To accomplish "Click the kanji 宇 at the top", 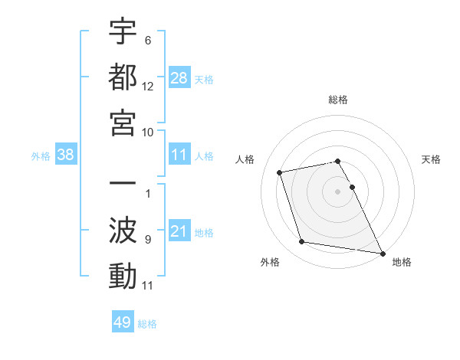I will click(123, 33).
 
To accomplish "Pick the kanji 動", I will click(123, 276).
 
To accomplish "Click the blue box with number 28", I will click(179, 78).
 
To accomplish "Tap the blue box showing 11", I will click(179, 155).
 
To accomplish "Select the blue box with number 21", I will click(179, 231).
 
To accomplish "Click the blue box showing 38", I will click(66, 155).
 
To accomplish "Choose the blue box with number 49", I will click(123, 322).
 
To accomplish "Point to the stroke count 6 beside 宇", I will click(147, 40).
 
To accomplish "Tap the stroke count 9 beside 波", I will click(147, 240).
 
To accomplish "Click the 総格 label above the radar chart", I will click(338, 100).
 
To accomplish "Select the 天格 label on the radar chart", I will click(431, 159).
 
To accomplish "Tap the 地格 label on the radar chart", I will click(402, 262).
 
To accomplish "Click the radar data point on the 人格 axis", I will click(280, 172).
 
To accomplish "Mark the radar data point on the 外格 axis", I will click(302, 242).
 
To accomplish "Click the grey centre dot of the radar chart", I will click(338, 191).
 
